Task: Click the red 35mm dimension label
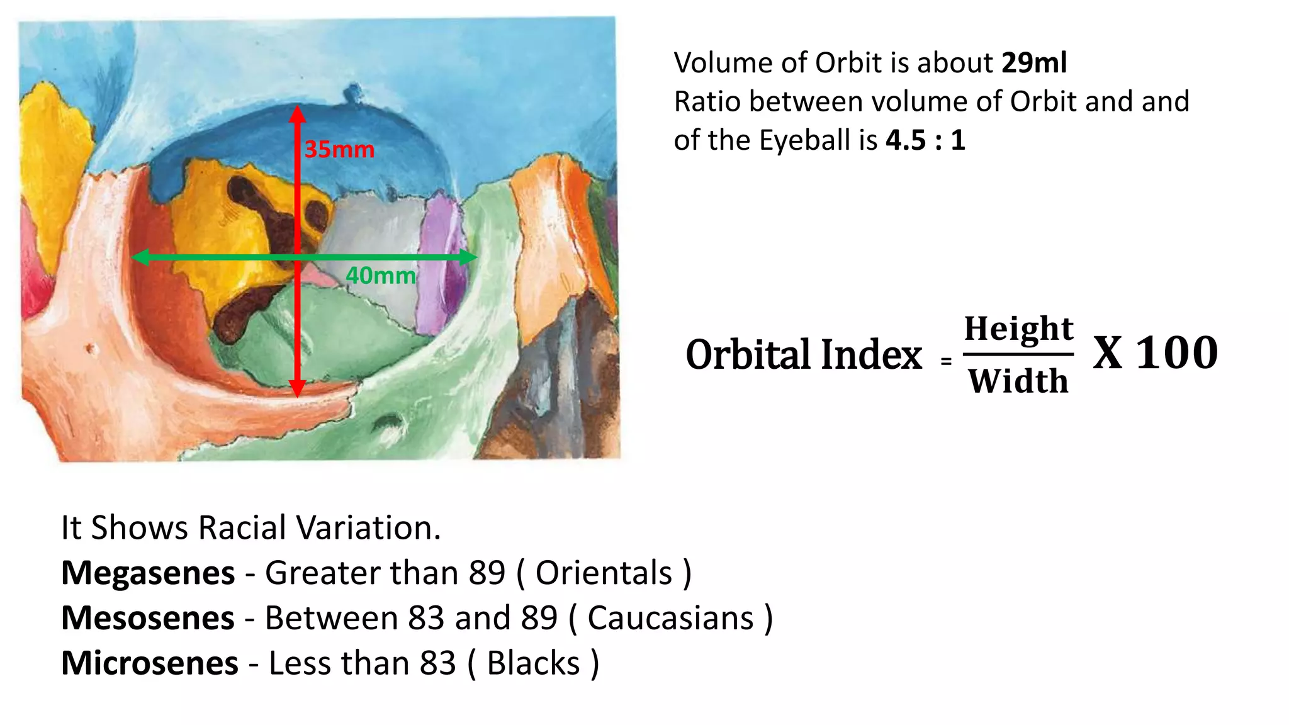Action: (339, 150)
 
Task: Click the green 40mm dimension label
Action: (381, 276)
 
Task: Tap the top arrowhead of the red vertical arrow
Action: (298, 113)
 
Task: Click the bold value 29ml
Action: (1033, 63)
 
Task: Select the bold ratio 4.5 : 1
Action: (925, 140)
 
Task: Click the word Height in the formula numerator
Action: (1018, 329)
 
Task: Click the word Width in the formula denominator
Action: (1018, 381)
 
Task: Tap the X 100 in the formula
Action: (1155, 353)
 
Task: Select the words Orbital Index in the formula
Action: (804, 354)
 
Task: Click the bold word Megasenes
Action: (148, 573)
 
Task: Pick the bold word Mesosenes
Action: (148, 619)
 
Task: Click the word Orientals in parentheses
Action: (604, 573)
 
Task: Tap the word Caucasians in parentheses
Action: (670, 619)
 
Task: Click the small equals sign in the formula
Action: (946, 362)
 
